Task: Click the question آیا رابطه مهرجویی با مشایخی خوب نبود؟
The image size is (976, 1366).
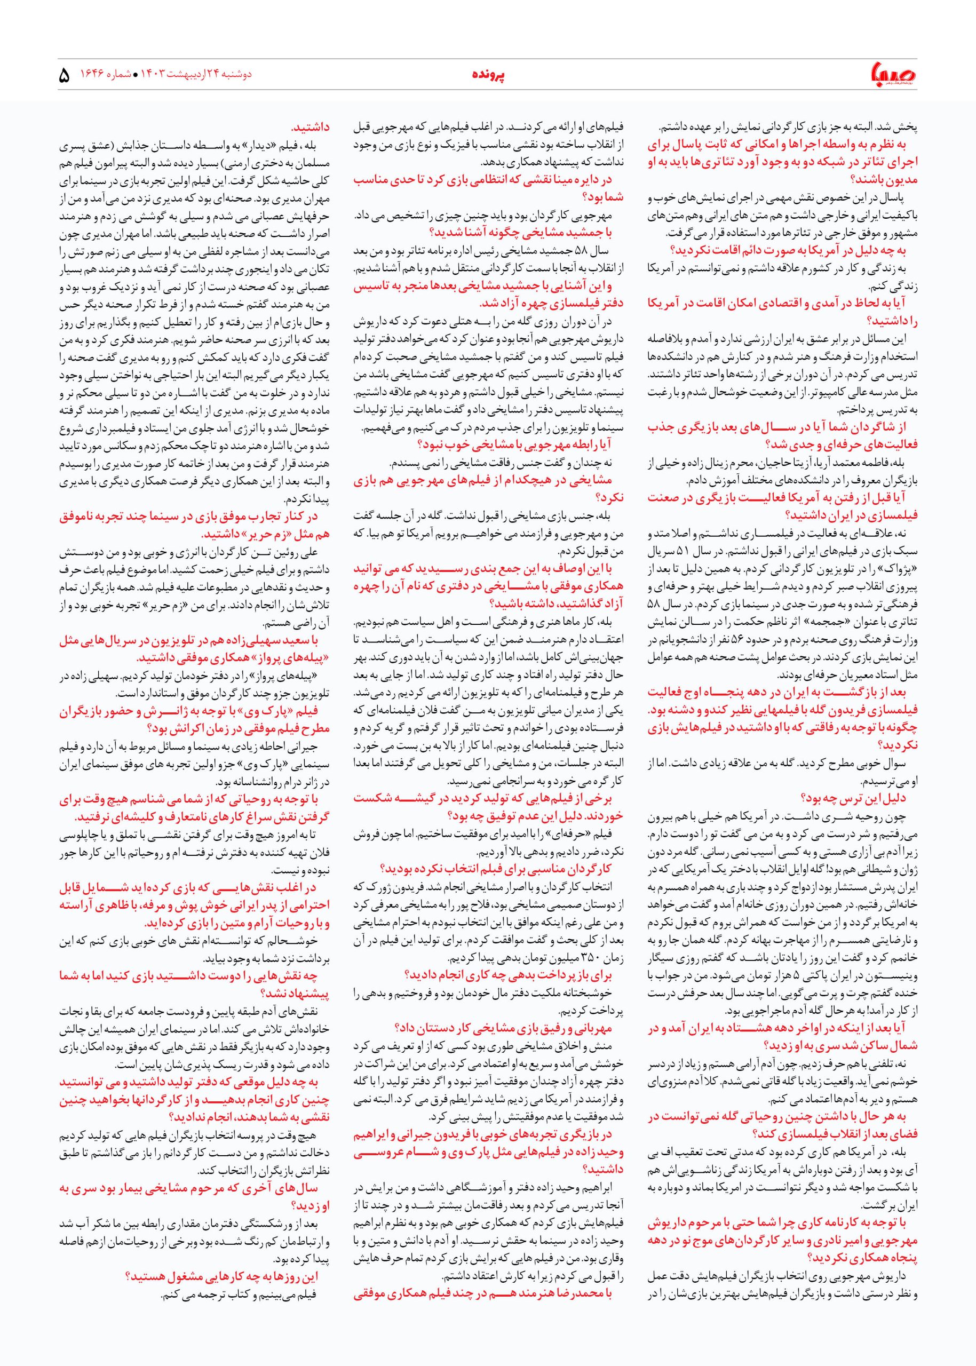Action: pyautogui.click(x=514, y=444)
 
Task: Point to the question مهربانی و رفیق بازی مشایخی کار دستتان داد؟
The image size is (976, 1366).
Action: pyautogui.click(x=503, y=1027)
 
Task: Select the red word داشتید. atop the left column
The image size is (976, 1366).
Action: pyautogui.click(x=310, y=128)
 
